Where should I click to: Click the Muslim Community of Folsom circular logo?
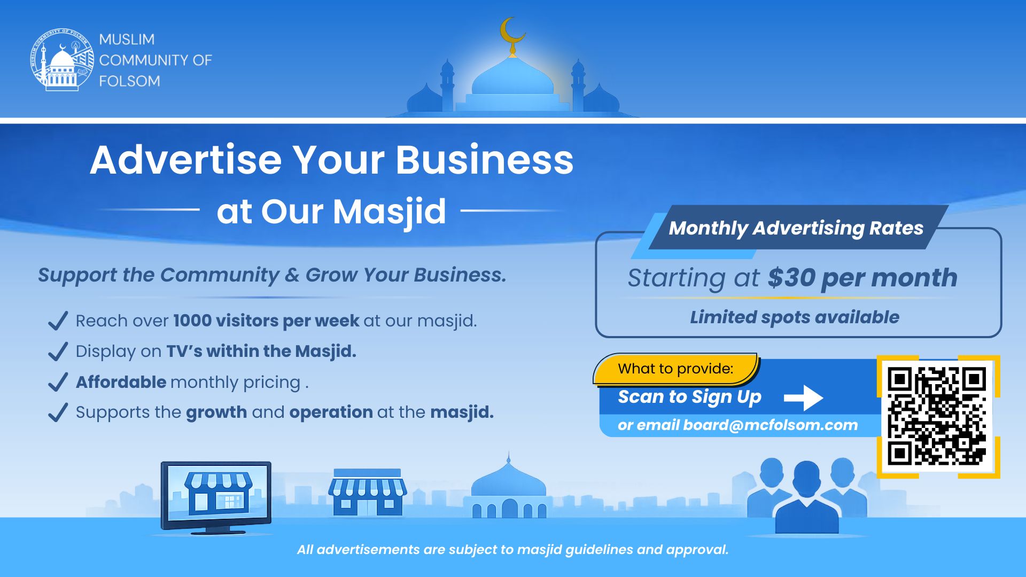pyautogui.click(x=62, y=59)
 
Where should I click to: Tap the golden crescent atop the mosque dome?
pyautogui.click(x=511, y=32)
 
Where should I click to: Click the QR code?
pyautogui.click(x=938, y=417)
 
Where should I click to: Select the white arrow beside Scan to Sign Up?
pyautogui.click(x=803, y=398)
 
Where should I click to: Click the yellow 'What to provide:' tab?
pyautogui.click(x=675, y=369)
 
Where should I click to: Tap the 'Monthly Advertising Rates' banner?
pyautogui.click(x=796, y=228)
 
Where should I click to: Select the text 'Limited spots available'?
pyautogui.click(x=795, y=317)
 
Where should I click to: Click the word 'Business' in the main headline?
pyautogui.click(x=484, y=160)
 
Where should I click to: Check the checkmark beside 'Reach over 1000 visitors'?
pyautogui.click(x=58, y=321)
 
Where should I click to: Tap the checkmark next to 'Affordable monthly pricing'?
pyautogui.click(x=58, y=382)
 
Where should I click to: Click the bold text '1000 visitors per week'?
pyautogui.click(x=266, y=321)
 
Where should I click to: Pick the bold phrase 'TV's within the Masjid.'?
pyautogui.click(x=261, y=352)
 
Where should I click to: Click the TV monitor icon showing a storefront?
pyautogui.click(x=216, y=497)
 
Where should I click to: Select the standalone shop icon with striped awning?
pyautogui.click(x=367, y=493)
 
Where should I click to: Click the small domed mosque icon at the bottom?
pyautogui.click(x=508, y=489)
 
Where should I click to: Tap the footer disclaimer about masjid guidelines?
pyautogui.click(x=513, y=550)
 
